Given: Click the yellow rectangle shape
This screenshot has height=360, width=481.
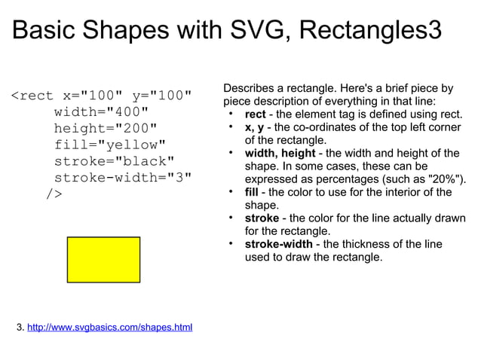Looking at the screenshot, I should [x=103, y=259].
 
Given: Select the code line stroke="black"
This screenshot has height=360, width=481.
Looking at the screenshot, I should [x=113, y=161].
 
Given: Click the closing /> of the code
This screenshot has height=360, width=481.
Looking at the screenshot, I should [x=54, y=194].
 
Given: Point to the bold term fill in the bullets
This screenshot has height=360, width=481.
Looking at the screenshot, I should [x=252, y=192].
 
